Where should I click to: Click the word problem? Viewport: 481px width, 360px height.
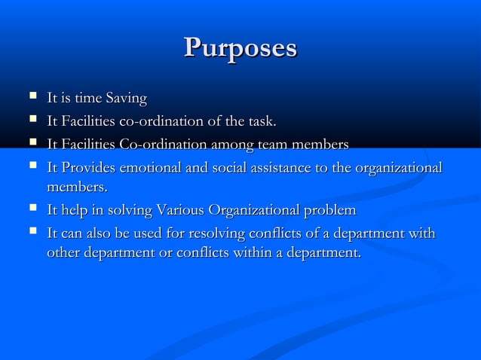[330, 209]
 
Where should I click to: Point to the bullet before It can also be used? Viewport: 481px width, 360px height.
[32, 233]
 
